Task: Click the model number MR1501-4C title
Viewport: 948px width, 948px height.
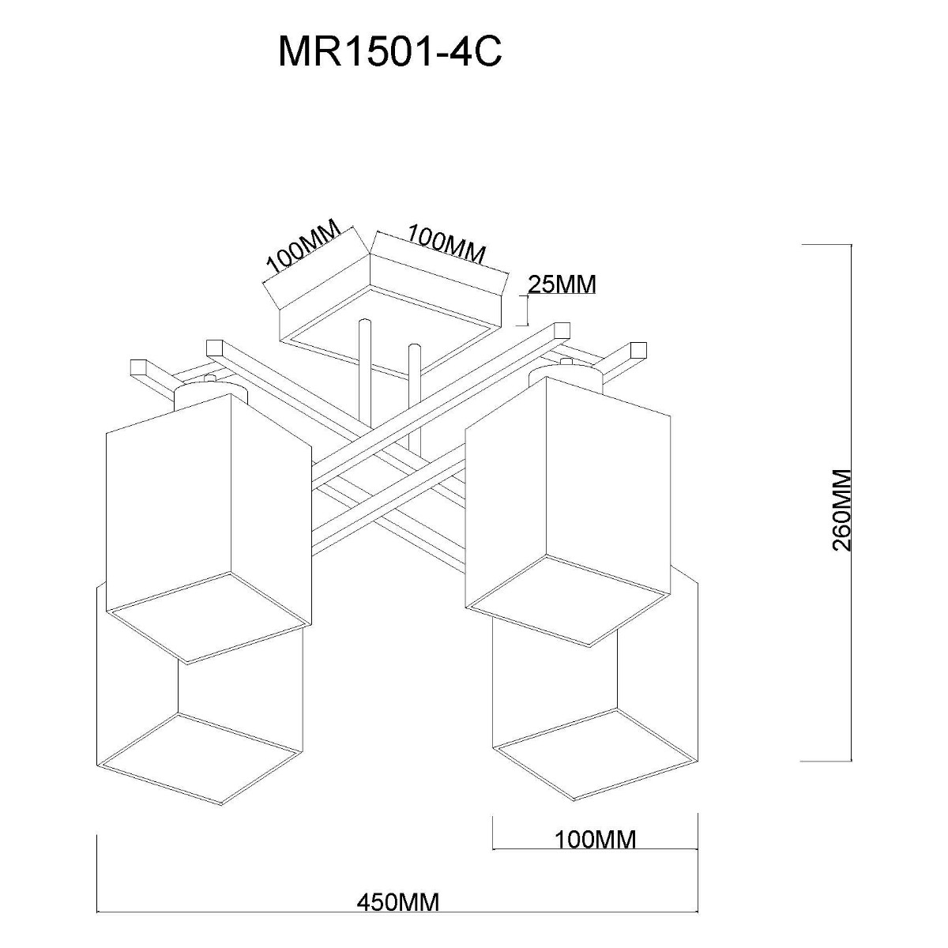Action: click(389, 54)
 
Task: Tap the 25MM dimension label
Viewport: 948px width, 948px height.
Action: click(562, 284)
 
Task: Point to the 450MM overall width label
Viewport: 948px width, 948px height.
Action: click(397, 901)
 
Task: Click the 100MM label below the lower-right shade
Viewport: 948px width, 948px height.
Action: click(595, 839)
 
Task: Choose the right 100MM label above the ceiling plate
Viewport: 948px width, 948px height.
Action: click(445, 243)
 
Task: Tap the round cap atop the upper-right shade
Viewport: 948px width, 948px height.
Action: click(566, 371)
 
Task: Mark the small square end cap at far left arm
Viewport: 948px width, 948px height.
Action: click(139, 367)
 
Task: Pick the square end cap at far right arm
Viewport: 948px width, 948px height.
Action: click(638, 348)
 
